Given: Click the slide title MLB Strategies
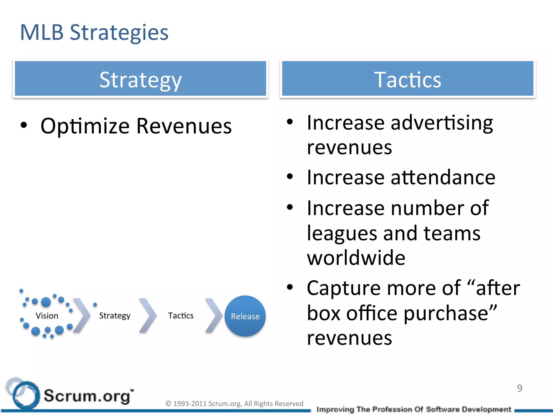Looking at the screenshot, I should click(x=94, y=33).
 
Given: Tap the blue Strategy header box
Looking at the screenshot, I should click(x=140, y=79).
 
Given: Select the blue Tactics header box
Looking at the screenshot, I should click(x=407, y=79).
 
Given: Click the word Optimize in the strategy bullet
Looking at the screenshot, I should click(x=85, y=126).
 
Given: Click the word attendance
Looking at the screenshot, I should click(x=443, y=178).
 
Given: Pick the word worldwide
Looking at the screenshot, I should click(x=356, y=257).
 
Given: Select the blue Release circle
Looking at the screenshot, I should click(x=245, y=316).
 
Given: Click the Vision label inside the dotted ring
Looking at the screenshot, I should click(x=47, y=316).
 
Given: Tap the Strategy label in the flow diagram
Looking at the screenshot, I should click(x=115, y=316).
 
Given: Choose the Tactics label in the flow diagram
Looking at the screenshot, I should click(x=181, y=316).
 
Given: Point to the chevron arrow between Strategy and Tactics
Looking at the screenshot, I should click(x=148, y=315).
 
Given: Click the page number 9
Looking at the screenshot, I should click(x=520, y=388).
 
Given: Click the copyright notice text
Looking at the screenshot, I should click(x=234, y=404).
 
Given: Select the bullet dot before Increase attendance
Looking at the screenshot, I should click(x=290, y=177).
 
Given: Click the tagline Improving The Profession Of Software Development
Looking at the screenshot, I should click(x=414, y=409).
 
